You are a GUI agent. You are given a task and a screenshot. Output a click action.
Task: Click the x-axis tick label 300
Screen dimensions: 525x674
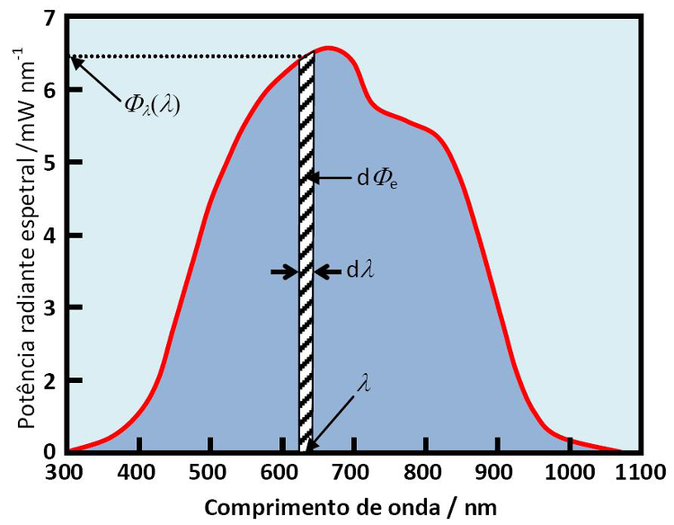(x=67, y=471)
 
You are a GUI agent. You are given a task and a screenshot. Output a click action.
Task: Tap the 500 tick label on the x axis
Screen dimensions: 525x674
(x=210, y=471)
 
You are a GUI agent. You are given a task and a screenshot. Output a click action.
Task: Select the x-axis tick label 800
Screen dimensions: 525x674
(x=426, y=471)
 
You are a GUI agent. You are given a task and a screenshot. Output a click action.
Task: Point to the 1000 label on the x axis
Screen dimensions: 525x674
(x=569, y=471)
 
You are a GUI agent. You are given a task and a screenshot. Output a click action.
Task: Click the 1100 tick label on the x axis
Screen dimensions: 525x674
(x=640, y=471)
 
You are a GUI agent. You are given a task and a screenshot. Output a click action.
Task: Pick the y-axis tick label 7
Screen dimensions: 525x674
(x=49, y=18)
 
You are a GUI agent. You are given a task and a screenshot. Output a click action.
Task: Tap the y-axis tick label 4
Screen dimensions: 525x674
(x=49, y=236)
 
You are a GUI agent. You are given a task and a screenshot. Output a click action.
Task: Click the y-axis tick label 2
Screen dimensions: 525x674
(x=49, y=380)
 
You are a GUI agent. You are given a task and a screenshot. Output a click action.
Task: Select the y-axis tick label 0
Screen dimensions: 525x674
(x=49, y=452)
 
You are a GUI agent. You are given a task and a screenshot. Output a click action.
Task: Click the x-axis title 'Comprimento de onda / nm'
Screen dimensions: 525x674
(x=350, y=505)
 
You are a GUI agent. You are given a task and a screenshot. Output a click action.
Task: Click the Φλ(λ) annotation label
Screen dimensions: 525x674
(x=153, y=105)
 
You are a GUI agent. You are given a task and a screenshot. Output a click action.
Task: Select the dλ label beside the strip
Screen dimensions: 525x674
(x=359, y=271)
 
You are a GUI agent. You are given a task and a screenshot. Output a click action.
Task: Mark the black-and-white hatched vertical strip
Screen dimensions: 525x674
(x=306, y=252)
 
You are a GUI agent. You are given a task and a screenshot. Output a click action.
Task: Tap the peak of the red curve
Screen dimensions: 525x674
(x=329, y=48)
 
